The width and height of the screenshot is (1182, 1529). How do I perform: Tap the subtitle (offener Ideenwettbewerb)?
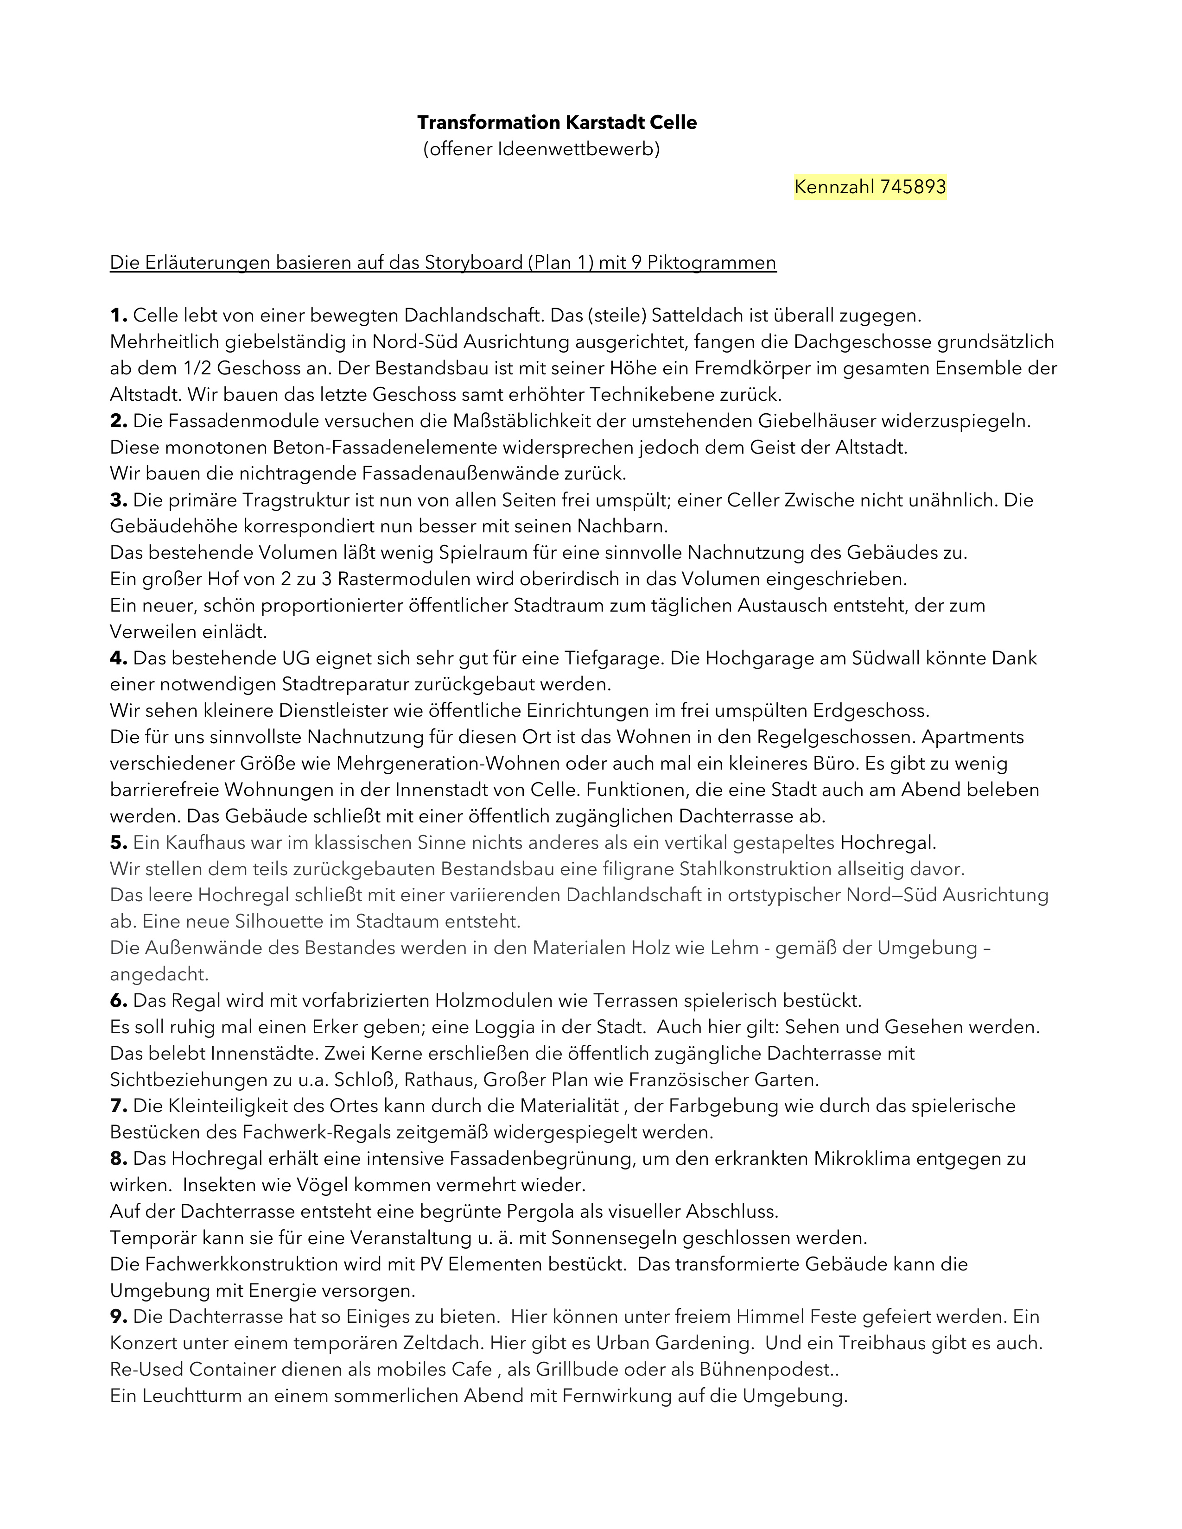pyautogui.click(x=541, y=149)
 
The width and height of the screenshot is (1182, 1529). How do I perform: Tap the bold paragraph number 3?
pyautogui.click(x=118, y=500)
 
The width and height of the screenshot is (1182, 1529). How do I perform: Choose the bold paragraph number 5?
pyautogui.click(x=118, y=842)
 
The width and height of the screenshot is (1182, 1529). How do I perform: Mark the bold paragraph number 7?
pyautogui.click(x=118, y=1106)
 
